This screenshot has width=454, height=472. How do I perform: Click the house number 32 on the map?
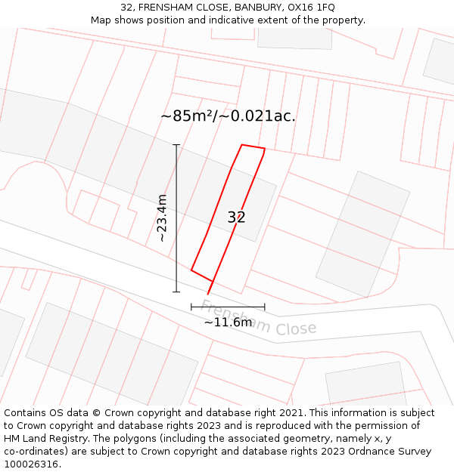click(x=236, y=217)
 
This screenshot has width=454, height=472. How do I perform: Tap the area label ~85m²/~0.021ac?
click(x=228, y=116)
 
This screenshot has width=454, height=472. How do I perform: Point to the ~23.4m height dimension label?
click(x=161, y=217)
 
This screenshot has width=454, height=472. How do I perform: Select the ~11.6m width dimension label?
click(x=228, y=322)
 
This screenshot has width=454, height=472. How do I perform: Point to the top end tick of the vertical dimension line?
click(x=176, y=144)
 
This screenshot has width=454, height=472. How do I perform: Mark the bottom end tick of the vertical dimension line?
click(x=176, y=292)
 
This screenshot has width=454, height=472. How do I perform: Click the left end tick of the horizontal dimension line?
click(x=191, y=307)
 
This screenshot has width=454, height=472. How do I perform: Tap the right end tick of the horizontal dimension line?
click(x=265, y=307)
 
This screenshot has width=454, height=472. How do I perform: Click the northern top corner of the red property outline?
click(x=241, y=145)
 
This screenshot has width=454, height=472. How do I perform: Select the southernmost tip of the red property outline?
click(x=208, y=294)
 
